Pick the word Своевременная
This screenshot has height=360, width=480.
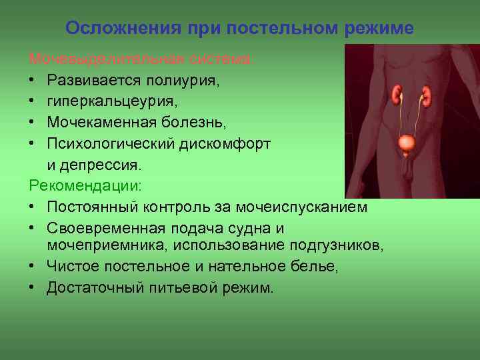tap(105, 227)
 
